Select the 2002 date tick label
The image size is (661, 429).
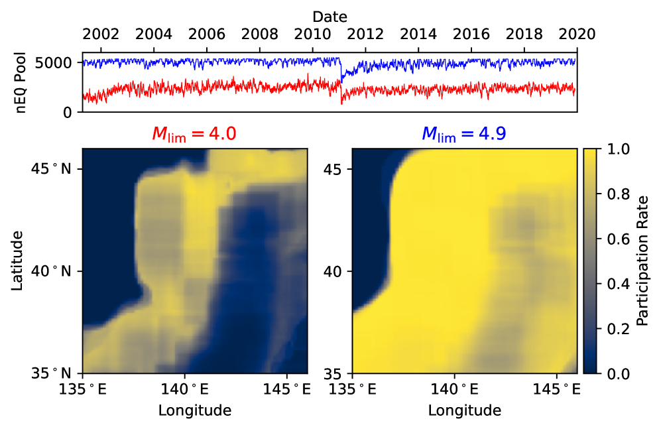pyautogui.click(x=101, y=34)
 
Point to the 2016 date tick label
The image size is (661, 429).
pyautogui.click(x=471, y=34)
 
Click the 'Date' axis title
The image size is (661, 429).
pyautogui.click(x=330, y=15)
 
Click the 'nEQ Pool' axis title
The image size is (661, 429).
pyautogui.click(x=21, y=82)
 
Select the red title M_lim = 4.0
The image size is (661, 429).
pyautogui.click(x=194, y=134)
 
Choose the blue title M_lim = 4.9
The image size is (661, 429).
pyautogui.click(x=464, y=134)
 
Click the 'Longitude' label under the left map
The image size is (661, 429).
pyautogui.click(x=194, y=410)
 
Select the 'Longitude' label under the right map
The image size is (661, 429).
pyautogui.click(x=464, y=410)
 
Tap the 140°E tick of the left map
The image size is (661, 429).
pyautogui.click(x=184, y=389)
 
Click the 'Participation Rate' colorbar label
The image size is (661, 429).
pyautogui.click(x=642, y=261)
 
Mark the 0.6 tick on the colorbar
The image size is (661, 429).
pyautogui.click(x=611, y=239)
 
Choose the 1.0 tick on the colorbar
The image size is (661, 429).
pyautogui.click(x=611, y=149)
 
